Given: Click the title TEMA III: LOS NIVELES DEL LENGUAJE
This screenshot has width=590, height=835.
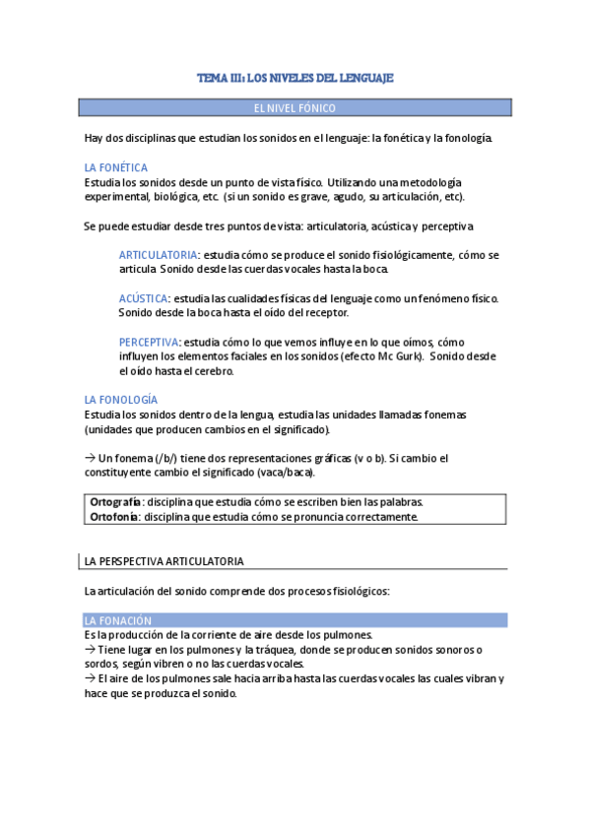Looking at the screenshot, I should click(295, 78).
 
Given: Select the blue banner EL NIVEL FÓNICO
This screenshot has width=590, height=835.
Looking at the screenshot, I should click(295, 107).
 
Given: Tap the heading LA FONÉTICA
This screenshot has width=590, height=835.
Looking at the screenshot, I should click(116, 168).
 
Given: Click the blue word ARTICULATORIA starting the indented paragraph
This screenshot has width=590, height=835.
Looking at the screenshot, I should click(158, 254).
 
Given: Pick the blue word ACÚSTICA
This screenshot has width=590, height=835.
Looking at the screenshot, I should click(144, 298).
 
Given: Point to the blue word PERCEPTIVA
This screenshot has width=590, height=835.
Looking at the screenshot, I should click(150, 342).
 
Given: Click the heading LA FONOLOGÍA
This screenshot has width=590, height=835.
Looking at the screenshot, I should click(121, 400).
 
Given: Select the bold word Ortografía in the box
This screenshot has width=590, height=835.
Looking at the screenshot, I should click(115, 502).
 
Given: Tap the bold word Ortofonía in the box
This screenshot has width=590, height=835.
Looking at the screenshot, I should click(113, 516).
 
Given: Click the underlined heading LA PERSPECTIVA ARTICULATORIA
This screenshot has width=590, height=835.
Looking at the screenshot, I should click(164, 561).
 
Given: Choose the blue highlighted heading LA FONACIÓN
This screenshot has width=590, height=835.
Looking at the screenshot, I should click(119, 621).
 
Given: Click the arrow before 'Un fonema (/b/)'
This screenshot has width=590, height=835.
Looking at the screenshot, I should click(91, 458).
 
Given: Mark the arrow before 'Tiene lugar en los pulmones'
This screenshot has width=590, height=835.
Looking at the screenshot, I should click(91, 649).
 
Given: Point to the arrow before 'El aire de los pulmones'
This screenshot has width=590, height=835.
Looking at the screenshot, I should click(91, 678).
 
